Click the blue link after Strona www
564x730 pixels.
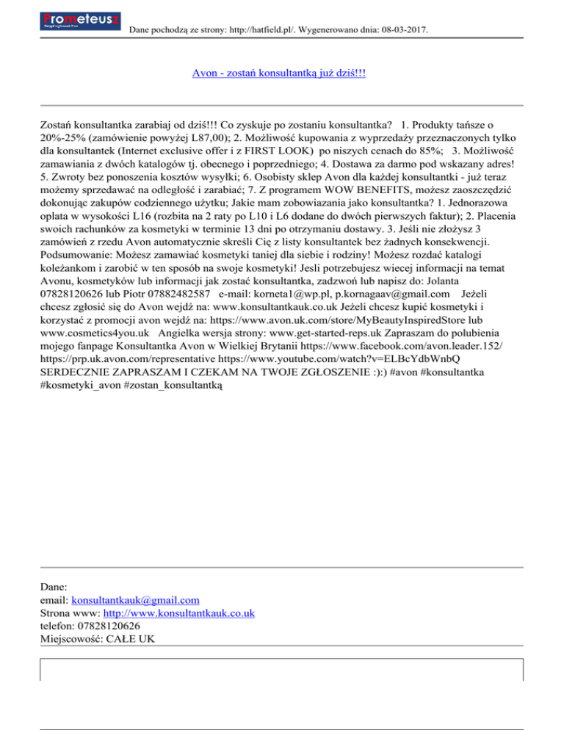click(179, 612)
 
